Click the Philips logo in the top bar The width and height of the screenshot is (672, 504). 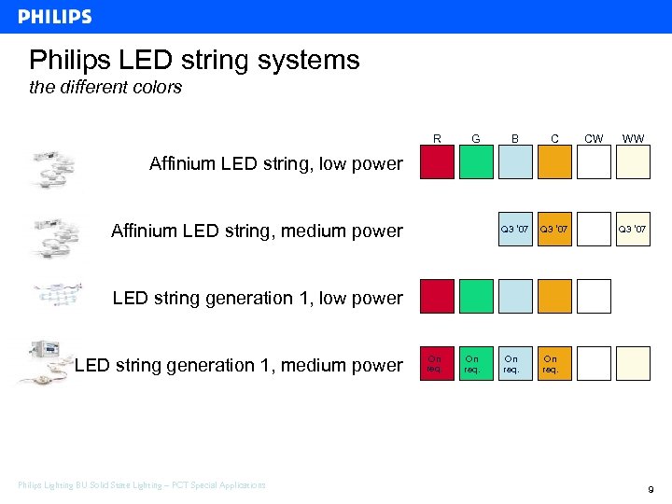pos(55,17)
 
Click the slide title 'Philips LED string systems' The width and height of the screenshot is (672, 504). pos(194,61)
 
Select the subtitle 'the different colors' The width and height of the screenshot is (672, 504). pos(105,88)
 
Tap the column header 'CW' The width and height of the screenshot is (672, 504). pos(593,139)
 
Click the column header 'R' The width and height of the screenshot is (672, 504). pos(437,139)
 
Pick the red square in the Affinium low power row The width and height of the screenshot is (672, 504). pos(437,162)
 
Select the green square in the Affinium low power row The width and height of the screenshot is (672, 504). pos(476,162)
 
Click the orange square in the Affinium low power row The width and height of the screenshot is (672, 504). pos(554,162)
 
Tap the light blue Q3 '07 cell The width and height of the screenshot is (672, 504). pos(515,230)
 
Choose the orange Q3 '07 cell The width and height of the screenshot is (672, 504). pos(554,230)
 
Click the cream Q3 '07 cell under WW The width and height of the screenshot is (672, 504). pos(633,230)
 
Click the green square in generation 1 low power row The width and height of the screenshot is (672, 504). pos(476,296)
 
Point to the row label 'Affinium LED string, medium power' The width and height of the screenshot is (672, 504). pos(257,231)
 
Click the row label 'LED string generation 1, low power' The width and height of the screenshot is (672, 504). pos(258,299)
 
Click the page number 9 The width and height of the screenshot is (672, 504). pos(650,488)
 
